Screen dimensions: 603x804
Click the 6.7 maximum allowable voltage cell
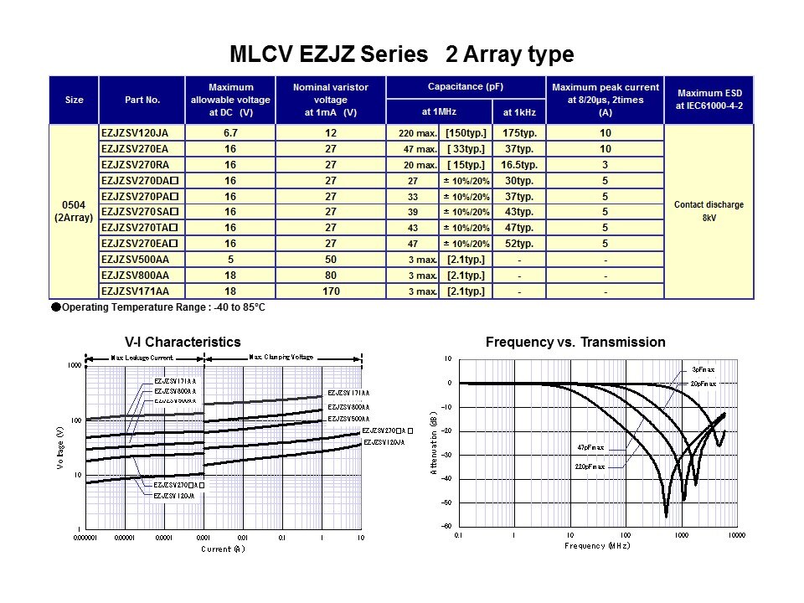tap(230, 133)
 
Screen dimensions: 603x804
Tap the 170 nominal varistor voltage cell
tap(330, 291)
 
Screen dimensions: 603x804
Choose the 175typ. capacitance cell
tap(519, 133)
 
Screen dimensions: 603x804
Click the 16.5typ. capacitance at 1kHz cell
tap(519, 165)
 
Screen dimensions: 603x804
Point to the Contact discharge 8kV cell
tap(709, 211)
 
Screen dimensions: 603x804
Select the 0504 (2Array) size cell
tap(74, 212)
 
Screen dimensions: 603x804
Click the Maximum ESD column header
tap(709, 100)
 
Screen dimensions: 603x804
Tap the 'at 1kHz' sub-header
tap(519, 111)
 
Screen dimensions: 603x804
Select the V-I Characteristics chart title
tap(182, 342)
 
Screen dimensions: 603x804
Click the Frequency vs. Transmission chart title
tap(575, 342)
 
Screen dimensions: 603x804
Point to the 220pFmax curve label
tap(590, 466)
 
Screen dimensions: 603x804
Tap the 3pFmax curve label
tap(703, 369)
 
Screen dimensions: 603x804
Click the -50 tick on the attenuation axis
tap(447, 503)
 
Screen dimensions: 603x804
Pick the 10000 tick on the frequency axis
tap(736, 534)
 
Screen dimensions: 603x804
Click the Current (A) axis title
tap(223, 549)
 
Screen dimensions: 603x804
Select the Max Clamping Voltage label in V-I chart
tap(281, 357)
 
